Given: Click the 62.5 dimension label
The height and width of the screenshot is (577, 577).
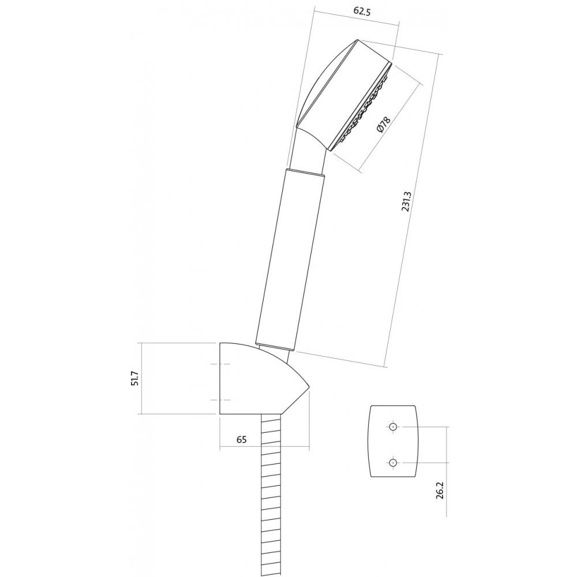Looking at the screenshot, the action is point(362,11).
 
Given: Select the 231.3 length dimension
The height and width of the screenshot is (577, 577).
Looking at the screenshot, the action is point(406,201).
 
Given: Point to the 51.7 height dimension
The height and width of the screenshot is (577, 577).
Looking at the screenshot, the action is point(136,378).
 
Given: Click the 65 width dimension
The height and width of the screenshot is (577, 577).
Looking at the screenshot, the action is point(241,439).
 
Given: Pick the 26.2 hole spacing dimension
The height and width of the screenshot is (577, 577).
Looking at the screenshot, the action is point(439,490).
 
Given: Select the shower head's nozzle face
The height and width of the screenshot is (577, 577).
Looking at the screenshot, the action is point(361,107).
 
